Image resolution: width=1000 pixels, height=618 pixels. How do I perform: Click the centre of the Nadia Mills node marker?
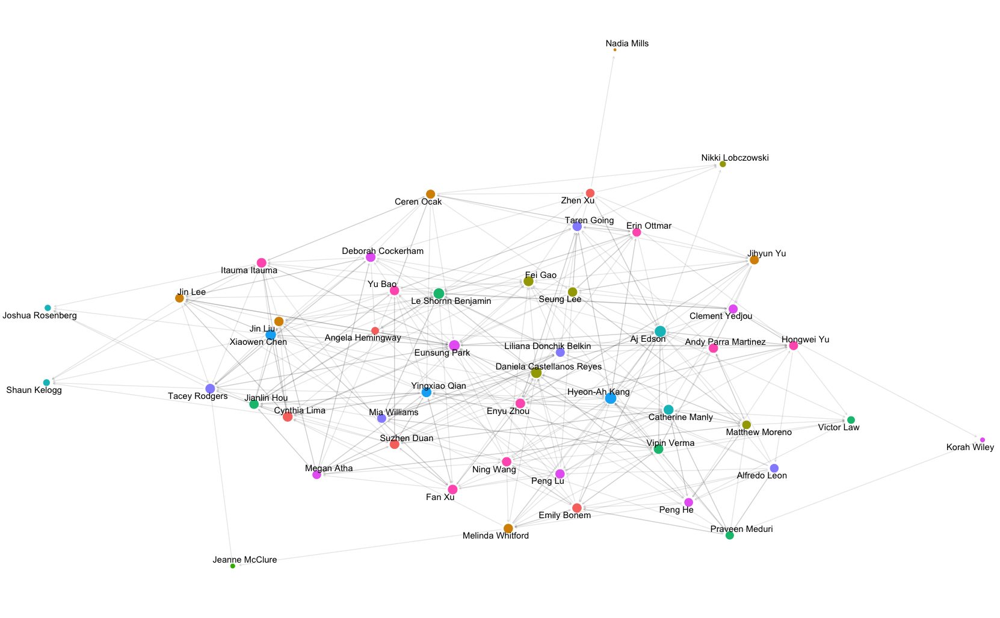[615, 50]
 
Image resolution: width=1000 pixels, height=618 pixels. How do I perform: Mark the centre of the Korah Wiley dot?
[983, 440]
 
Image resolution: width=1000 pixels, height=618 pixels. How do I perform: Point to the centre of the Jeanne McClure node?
[233, 566]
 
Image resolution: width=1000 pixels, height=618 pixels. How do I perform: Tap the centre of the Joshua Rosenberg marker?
[48, 307]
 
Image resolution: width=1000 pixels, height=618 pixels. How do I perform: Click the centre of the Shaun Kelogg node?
[46, 382]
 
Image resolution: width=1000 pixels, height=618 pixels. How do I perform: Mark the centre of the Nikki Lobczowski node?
[723, 164]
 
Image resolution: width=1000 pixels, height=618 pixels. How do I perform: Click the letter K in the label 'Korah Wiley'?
[949, 448]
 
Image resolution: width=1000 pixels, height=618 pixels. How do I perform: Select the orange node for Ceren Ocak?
[430, 194]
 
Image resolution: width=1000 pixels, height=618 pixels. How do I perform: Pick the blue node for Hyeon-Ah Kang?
[611, 398]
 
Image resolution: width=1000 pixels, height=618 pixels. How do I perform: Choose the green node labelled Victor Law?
[851, 420]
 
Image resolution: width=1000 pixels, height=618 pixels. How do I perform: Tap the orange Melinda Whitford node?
[508, 529]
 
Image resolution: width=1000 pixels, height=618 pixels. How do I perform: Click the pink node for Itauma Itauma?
[262, 262]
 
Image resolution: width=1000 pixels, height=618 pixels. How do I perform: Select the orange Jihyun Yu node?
[754, 260]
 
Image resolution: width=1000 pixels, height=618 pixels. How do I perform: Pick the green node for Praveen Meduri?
[729, 536]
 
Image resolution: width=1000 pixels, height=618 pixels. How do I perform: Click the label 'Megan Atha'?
[329, 468]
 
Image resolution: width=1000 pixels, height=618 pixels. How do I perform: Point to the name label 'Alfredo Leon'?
[762, 475]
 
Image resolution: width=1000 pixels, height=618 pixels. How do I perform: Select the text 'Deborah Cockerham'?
[383, 251]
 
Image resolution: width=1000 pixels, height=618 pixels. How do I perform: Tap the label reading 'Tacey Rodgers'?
[198, 396]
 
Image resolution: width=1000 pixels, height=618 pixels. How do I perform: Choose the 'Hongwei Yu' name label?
[806, 339]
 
